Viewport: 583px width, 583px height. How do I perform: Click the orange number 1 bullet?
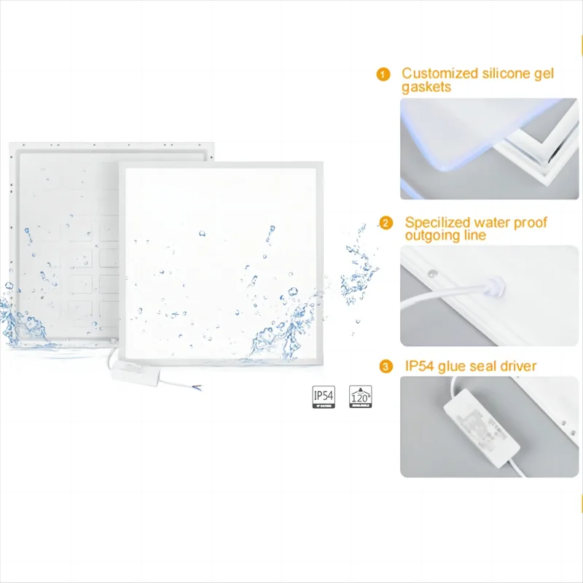pos(383,74)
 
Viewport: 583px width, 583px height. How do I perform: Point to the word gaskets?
pos(426,87)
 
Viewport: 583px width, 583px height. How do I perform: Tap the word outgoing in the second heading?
pos(431,235)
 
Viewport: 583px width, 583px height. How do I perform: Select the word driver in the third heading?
pos(517,366)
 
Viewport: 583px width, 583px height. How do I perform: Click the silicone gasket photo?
pos(489,149)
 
